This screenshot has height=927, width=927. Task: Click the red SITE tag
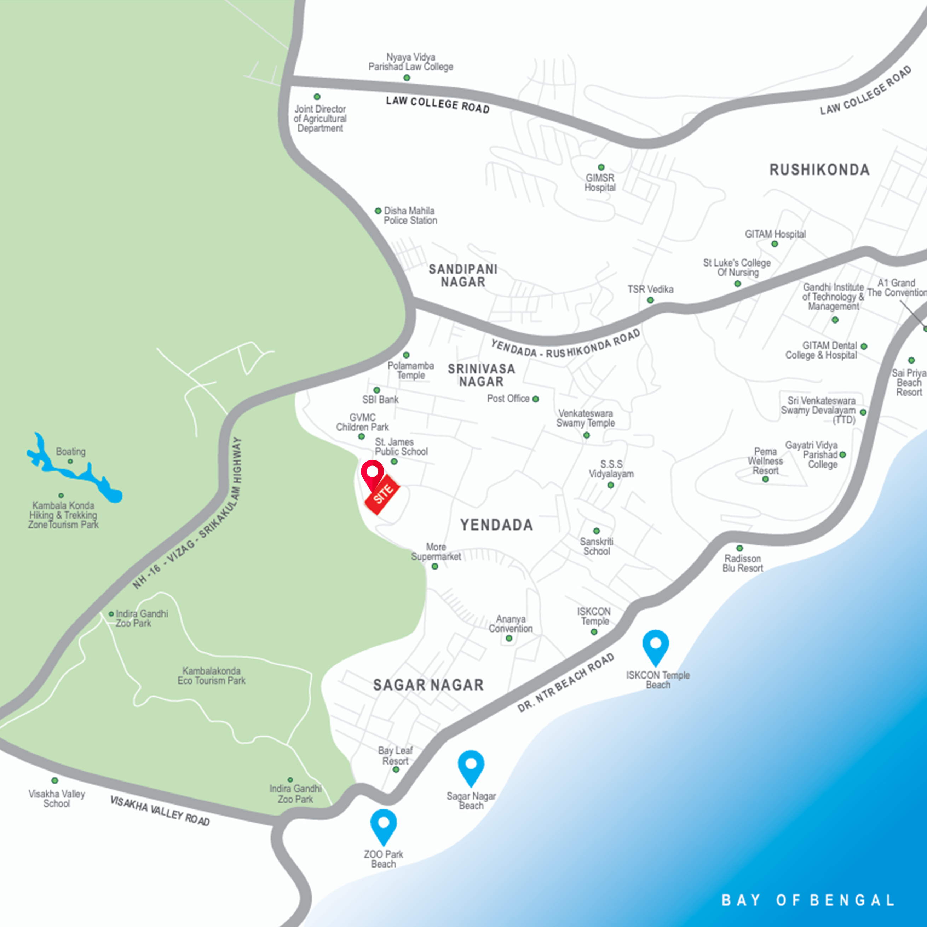click(x=382, y=494)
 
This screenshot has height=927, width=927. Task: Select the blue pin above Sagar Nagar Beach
click(x=471, y=767)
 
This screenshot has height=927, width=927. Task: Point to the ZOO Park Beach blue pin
click(x=384, y=826)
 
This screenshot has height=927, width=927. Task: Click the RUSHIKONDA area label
click(x=819, y=170)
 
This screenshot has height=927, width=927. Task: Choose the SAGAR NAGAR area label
click(x=428, y=685)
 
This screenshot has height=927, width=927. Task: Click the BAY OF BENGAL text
click(x=808, y=900)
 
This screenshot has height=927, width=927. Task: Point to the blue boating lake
click(x=77, y=473)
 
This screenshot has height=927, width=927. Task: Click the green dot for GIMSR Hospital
click(x=601, y=167)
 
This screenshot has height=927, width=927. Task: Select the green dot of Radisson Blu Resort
click(x=739, y=548)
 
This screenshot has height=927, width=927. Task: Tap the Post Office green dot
click(x=535, y=399)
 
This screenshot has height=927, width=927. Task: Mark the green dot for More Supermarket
click(x=435, y=566)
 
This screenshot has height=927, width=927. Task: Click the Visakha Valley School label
click(x=57, y=799)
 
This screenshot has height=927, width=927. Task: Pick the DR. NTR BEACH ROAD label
click(x=566, y=683)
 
